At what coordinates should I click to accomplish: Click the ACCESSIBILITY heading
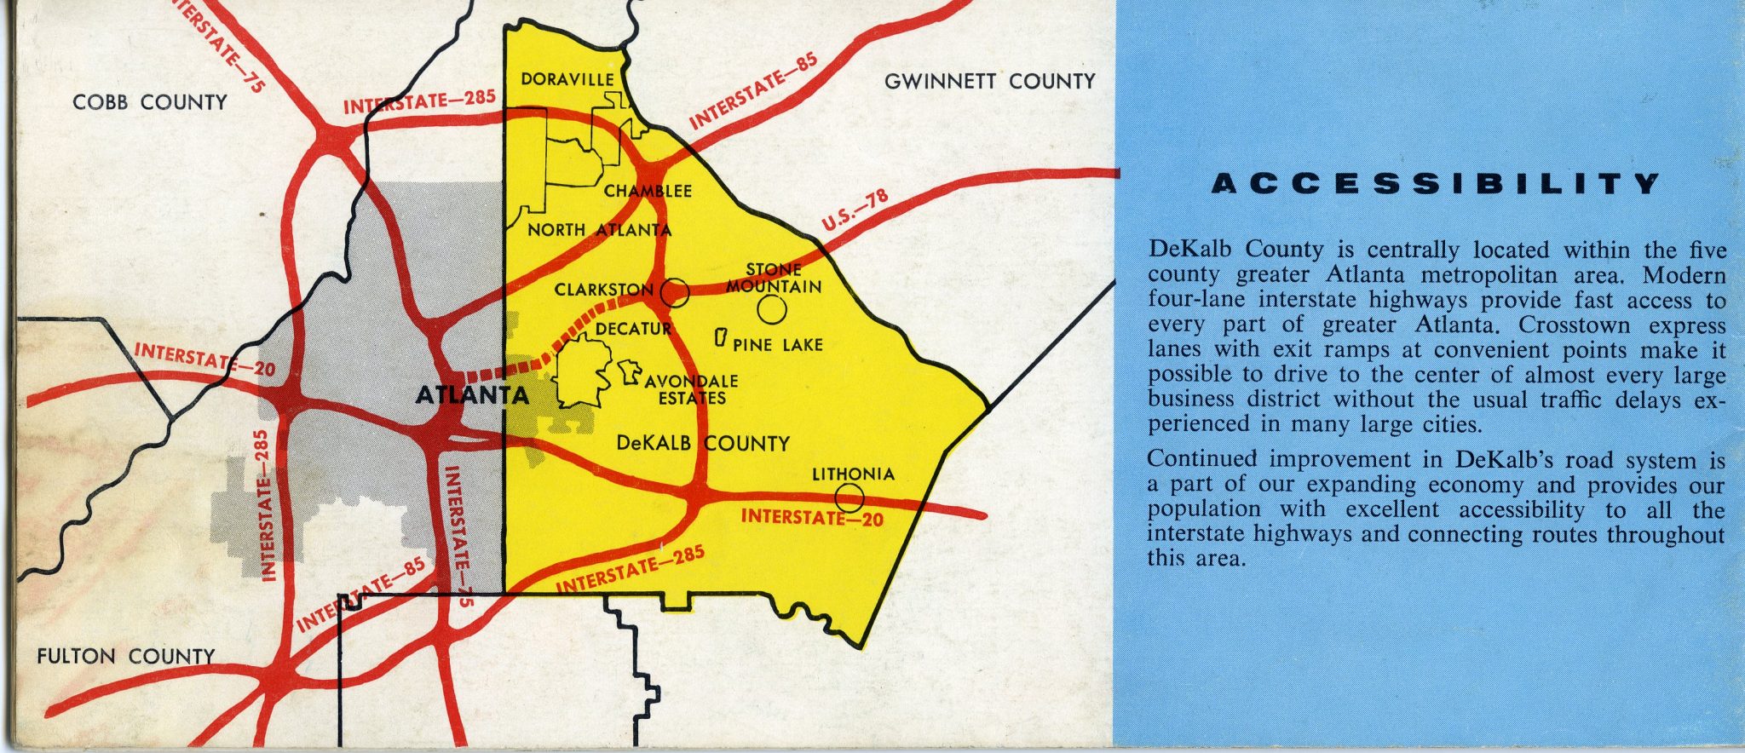click(x=1436, y=185)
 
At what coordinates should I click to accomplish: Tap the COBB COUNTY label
click(x=150, y=102)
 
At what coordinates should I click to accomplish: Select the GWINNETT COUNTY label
click(x=989, y=82)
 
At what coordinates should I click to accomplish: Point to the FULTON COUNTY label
click(x=125, y=656)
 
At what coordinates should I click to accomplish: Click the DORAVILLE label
click(x=567, y=79)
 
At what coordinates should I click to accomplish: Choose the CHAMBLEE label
click(x=648, y=191)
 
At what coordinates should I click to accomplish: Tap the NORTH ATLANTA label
click(x=599, y=230)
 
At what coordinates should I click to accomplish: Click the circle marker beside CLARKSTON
click(x=674, y=292)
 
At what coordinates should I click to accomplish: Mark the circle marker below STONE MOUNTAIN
click(x=772, y=311)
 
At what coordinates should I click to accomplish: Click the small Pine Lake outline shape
click(x=720, y=338)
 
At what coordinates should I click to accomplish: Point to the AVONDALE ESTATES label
click(x=691, y=389)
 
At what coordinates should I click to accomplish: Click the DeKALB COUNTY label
click(x=702, y=443)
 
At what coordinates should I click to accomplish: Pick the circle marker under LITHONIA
click(x=849, y=497)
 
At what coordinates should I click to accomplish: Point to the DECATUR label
click(x=633, y=329)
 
